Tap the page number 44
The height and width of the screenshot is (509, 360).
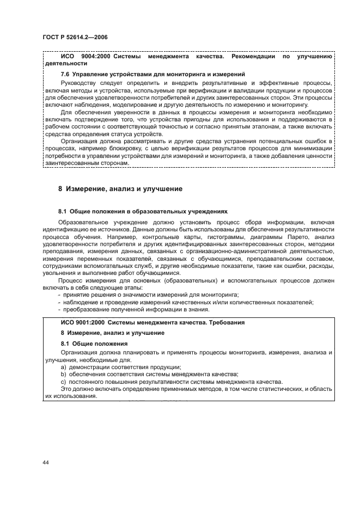(46, 463)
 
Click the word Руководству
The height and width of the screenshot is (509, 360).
(80, 83)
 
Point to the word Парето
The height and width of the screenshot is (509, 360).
(289, 238)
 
